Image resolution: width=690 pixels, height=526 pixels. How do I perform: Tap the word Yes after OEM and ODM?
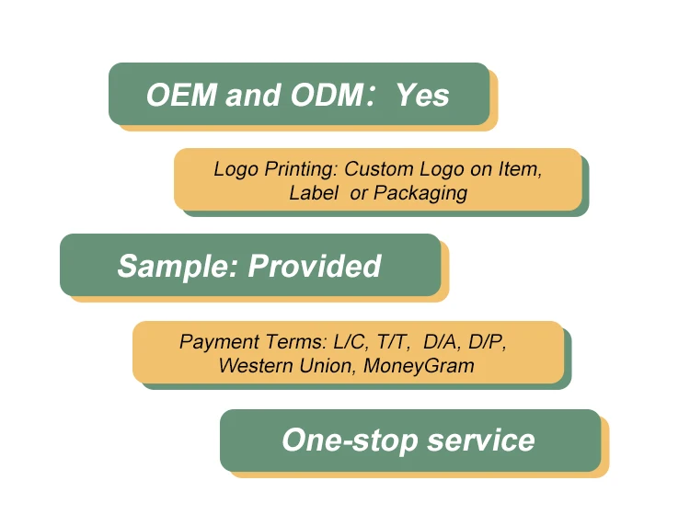422,95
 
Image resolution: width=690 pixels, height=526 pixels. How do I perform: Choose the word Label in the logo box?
311,193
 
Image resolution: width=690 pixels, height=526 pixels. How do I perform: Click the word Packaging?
420,194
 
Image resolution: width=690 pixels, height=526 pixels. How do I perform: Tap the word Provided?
315,266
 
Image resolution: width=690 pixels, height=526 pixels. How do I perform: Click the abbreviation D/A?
445,342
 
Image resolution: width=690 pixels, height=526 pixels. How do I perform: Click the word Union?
327,365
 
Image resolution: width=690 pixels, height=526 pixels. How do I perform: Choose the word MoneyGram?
419,366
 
